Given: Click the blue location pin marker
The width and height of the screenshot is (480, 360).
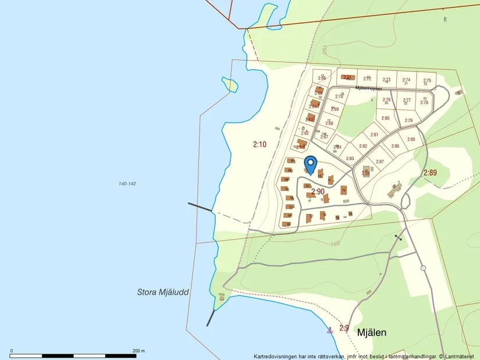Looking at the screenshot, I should (x=310, y=164).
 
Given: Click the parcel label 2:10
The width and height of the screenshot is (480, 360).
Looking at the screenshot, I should (x=259, y=144).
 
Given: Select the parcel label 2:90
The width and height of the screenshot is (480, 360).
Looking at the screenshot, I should (x=318, y=191).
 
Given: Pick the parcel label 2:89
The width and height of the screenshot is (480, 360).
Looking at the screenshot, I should (x=429, y=173).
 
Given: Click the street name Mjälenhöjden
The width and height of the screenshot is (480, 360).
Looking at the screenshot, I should (x=368, y=88).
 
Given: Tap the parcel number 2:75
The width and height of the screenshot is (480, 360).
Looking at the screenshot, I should (x=427, y=81).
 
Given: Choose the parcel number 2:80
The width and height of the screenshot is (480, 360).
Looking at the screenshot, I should (x=385, y=118).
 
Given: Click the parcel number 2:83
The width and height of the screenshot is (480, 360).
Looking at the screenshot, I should (x=350, y=158).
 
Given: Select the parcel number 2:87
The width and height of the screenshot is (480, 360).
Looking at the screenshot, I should (x=380, y=162).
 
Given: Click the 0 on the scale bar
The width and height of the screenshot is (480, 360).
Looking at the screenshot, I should (x=12, y=351).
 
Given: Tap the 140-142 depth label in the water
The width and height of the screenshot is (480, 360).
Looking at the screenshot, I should (x=127, y=184).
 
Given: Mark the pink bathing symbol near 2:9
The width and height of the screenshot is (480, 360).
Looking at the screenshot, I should (x=330, y=330).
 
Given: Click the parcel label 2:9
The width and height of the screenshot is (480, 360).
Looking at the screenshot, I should (x=344, y=328).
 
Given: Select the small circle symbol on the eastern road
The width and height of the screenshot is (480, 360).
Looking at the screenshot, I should (x=423, y=268).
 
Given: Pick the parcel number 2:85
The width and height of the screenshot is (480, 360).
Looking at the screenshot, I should (x=411, y=140).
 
